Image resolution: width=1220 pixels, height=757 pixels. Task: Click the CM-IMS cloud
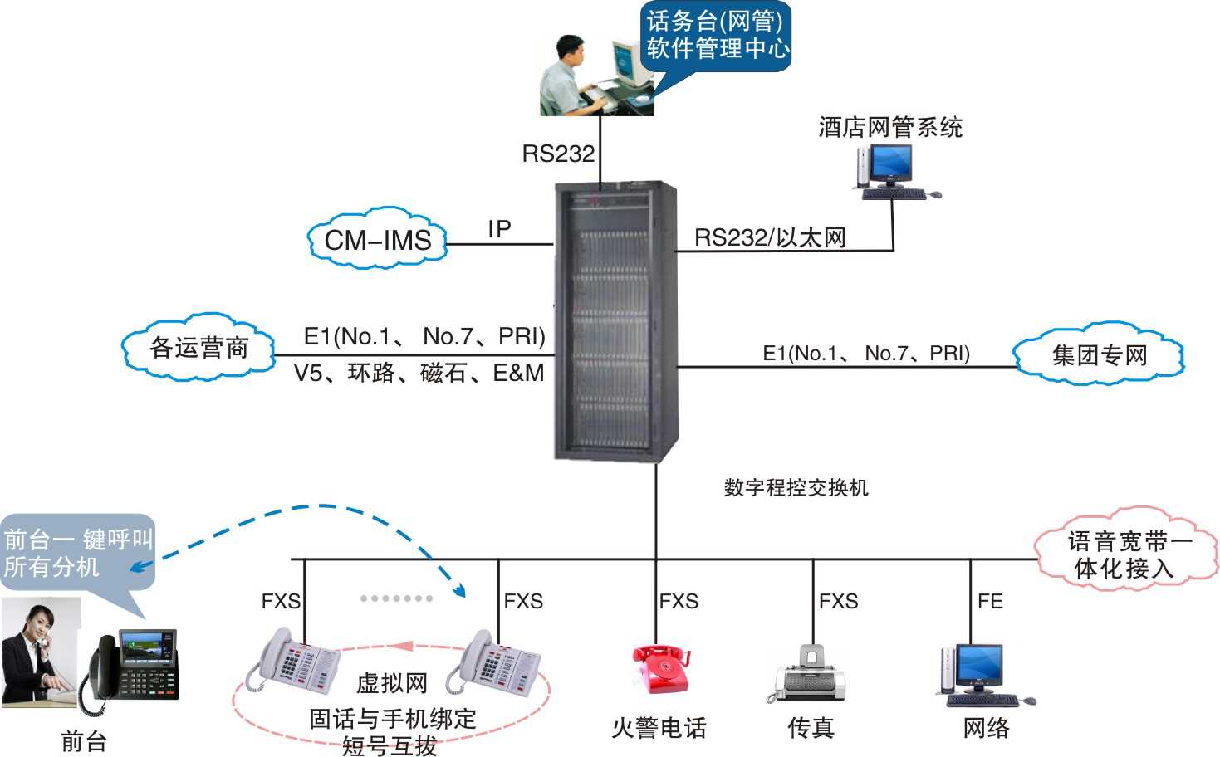(x=377, y=240)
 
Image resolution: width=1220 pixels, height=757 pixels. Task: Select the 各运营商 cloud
(x=199, y=348)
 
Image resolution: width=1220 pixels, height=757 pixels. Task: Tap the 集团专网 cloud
(x=1099, y=355)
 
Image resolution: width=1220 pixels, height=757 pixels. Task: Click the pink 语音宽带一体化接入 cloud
(x=1128, y=554)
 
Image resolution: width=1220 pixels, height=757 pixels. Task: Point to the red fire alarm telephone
(x=661, y=669)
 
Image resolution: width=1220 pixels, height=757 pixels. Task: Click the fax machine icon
(x=810, y=674)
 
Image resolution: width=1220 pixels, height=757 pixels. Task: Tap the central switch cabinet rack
(x=615, y=320)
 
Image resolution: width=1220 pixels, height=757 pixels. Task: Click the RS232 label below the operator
(x=558, y=154)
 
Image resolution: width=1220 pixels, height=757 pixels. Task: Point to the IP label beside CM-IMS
(x=499, y=229)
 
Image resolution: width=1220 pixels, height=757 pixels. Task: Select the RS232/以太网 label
(x=770, y=238)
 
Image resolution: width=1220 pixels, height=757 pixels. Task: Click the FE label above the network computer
(x=990, y=601)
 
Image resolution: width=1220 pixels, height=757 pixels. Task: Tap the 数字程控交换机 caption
(x=796, y=488)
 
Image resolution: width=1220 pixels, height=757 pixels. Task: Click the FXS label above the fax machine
(x=838, y=601)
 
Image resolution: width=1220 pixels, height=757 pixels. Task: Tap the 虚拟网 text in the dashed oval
(x=391, y=683)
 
